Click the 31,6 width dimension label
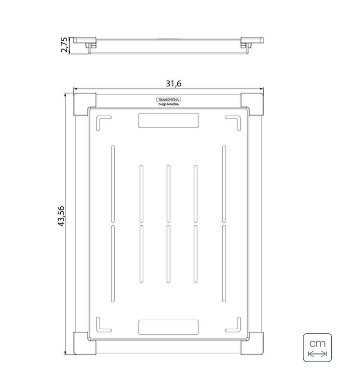click(x=174, y=83)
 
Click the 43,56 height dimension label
click(x=61, y=216)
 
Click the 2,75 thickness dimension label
click(x=64, y=45)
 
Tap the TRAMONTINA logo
click(x=168, y=99)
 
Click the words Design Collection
click(x=168, y=104)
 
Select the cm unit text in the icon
click(x=317, y=344)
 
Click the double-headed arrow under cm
click(x=317, y=354)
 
